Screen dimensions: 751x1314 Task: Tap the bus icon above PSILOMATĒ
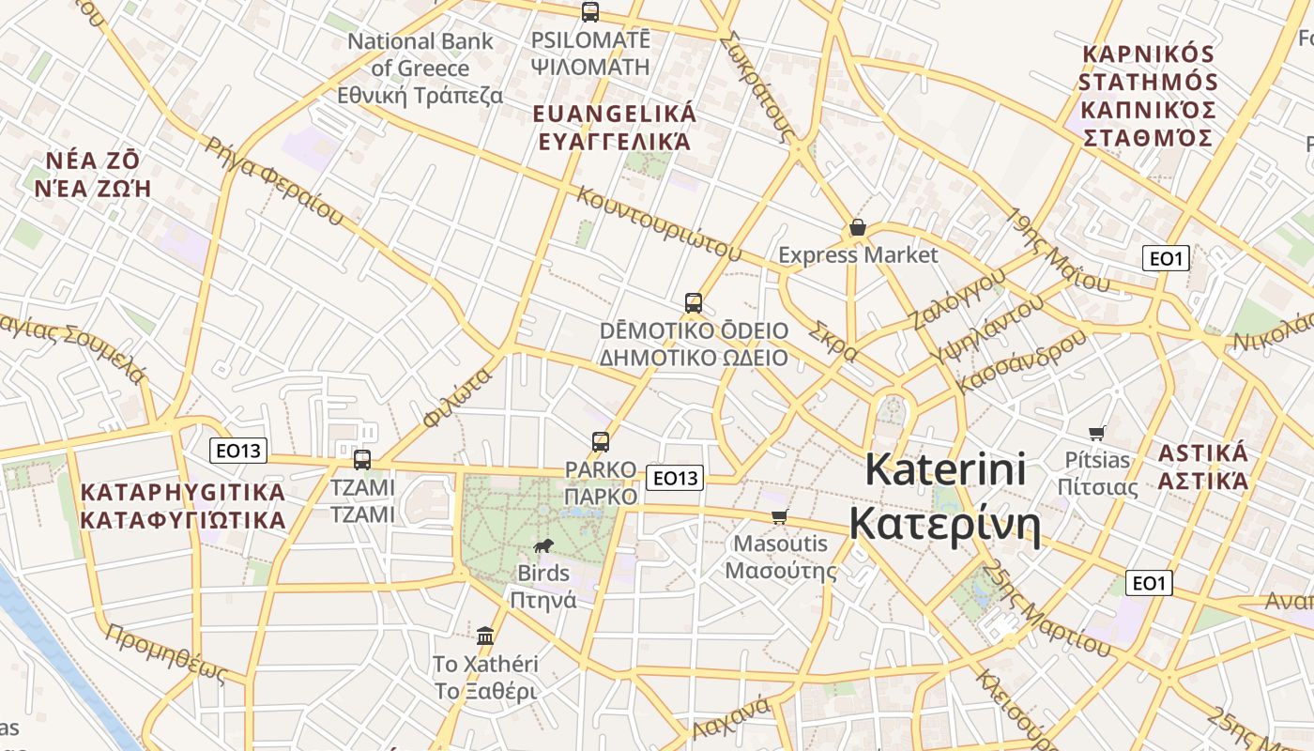(590, 12)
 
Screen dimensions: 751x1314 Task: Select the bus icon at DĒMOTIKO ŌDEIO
(694, 302)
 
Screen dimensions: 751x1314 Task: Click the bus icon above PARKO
(601, 441)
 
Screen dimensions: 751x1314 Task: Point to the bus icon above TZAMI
(362, 460)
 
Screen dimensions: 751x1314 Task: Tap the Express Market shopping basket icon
(857, 227)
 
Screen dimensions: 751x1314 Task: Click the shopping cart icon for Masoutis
(779, 516)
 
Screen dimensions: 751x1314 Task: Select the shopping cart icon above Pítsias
(1096, 433)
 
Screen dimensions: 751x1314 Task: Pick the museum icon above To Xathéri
(485, 636)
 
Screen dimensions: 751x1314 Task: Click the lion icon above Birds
(542, 545)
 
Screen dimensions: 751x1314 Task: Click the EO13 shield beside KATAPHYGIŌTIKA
(238, 451)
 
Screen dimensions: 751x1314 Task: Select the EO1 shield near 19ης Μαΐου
(1166, 258)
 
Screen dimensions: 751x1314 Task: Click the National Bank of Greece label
(420, 69)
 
